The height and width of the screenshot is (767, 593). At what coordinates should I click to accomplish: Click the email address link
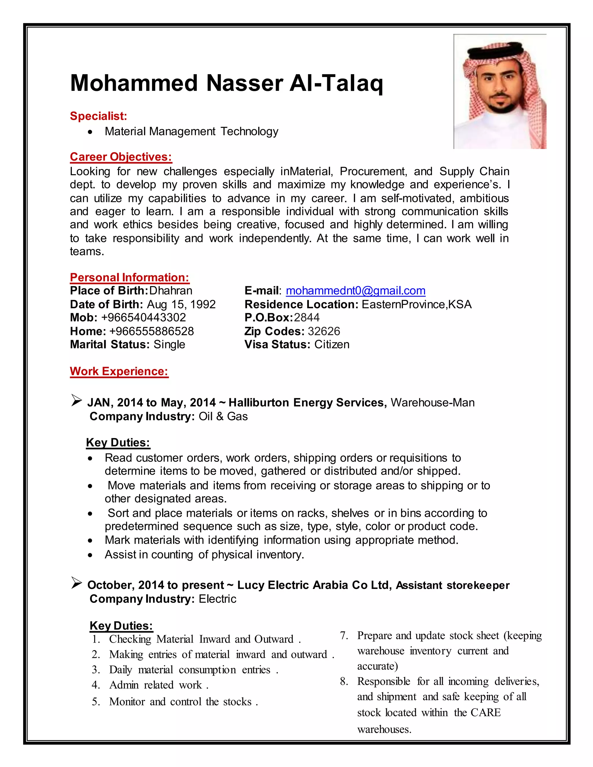[356, 291]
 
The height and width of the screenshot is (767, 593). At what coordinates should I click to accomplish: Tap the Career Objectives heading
[121, 157]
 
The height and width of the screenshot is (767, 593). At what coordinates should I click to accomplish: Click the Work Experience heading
[119, 371]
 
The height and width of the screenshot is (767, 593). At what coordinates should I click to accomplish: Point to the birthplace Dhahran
[171, 291]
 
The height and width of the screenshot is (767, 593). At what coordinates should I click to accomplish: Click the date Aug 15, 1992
[181, 304]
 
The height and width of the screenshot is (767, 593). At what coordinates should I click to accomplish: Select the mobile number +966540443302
[143, 318]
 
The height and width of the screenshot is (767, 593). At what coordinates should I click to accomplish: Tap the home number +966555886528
[151, 331]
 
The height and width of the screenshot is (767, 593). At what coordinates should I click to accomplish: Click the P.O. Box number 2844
[307, 318]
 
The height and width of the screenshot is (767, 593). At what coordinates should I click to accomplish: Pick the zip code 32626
[324, 331]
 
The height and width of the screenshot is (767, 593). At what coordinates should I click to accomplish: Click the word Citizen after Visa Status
[332, 344]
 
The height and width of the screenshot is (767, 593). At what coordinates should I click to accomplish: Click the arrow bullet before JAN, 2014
[76, 400]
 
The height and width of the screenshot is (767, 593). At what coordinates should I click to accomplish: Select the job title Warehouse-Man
[433, 403]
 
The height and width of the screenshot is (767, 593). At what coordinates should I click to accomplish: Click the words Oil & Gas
[223, 416]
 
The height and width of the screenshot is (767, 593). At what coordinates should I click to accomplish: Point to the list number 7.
[344, 636]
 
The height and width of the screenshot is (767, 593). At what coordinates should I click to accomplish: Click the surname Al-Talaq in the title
[336, 83]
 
